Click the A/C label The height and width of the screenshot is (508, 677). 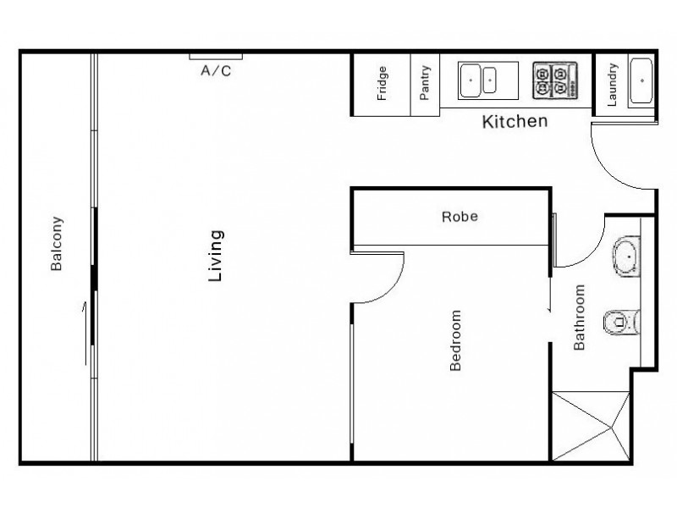click(x=215, y=71)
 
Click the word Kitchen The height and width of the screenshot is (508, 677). click(x=515, y=122)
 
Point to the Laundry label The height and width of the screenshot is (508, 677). click(x=612, y=84)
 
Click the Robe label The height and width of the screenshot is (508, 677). click(x=460, y=217)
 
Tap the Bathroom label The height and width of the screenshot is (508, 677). click(x=581, y=317)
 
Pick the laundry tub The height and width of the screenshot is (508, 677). click(x=641, y=81)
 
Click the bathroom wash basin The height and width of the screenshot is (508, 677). click(x=627, y=256)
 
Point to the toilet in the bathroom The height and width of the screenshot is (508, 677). click(x=623, y=321)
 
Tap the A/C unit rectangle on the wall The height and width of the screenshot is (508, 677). click(x=215, y=57)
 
